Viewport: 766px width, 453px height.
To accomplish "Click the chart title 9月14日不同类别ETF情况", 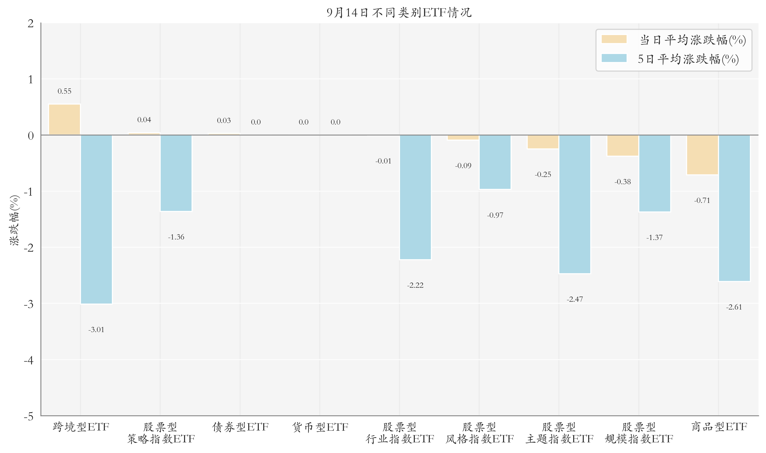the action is [x=399, y=12].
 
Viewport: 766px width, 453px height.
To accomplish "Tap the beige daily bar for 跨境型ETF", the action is [x=64, y=119].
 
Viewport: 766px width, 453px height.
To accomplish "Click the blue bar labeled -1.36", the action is [x=176, y=173].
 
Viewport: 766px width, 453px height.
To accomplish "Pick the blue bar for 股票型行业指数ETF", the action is [x=415, y=197].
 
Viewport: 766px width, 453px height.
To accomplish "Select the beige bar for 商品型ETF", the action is [x=702, y=155].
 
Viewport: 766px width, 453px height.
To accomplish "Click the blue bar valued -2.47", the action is [x=575, y=204].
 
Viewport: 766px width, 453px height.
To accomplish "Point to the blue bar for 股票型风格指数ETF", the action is [x=495, y=162].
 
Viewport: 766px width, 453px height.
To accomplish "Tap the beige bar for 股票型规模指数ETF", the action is [x=623, y=145].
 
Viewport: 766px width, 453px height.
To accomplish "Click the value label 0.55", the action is [x=64, y=91].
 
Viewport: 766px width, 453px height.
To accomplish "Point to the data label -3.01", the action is [x=96, y=330].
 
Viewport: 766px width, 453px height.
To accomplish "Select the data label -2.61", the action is [x=734, y=307].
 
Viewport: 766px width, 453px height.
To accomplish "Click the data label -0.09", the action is [x=463, y=166].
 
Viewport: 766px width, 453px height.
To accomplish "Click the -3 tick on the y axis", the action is [x=29, y=304].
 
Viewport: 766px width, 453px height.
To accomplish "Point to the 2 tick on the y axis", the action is [x=31, y=24].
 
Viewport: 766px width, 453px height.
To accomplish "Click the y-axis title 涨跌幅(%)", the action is [x=14, y=220].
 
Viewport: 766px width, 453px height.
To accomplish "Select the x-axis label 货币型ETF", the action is [x=320, y=427].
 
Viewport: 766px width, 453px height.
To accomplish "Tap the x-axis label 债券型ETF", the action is [x=240, y=427].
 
